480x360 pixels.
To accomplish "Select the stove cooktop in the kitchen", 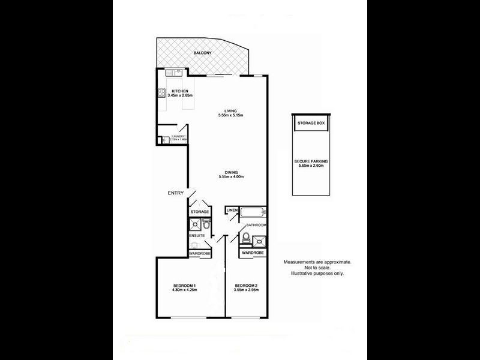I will point(161,94).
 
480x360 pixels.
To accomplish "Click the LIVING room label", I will point(230,111).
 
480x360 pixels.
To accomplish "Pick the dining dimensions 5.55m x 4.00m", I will point(230,177).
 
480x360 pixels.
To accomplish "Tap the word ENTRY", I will point(175,193).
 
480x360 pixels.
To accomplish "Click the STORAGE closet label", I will point(199,212).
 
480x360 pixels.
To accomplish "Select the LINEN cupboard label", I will point(232,210).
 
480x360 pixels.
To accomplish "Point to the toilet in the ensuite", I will point(206,226).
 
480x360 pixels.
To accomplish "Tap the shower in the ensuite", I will point(195,226).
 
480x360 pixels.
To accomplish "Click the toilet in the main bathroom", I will point(247,236).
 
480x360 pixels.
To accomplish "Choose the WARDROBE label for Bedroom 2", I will point(253,253).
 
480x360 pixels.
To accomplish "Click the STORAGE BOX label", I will point(311,123).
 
